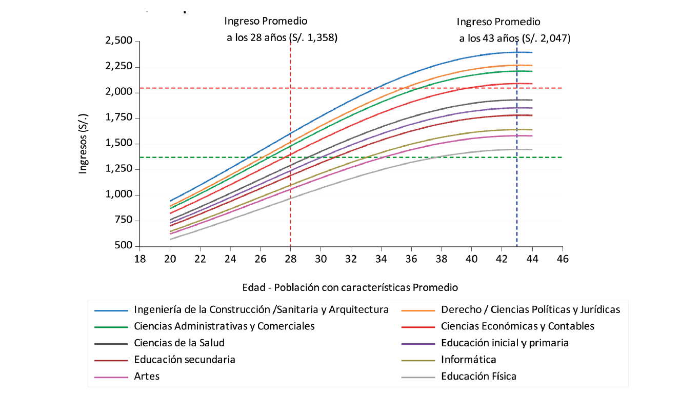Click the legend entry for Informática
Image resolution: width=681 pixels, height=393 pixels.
click(468, 360)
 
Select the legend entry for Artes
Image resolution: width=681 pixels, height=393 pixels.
click(147, 376)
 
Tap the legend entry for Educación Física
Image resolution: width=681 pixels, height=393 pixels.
click(478, 376)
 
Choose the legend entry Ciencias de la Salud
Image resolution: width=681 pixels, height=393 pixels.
click(179, 343)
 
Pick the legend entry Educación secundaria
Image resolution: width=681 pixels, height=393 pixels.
click(184, 360)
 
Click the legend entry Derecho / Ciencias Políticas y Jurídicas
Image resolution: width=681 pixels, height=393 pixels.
click(530, 309)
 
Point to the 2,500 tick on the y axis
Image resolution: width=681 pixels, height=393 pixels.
click(118, 41)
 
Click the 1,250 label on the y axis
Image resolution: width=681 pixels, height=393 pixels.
click(118, 169)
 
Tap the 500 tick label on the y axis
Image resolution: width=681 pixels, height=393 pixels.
click(123, 246)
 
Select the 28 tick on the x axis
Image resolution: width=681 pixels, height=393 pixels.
click(291, 259)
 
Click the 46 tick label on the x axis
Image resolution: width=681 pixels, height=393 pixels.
click(563, 259)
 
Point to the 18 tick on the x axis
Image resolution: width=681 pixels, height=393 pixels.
click(139, 259)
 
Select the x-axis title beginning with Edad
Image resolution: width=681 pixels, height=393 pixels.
click(351, 287)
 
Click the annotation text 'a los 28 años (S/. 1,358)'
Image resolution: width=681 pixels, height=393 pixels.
click(282, 38)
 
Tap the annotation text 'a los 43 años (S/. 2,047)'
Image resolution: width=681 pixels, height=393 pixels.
click(514, 38)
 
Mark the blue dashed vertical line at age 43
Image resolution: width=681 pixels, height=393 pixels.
click(517, 205)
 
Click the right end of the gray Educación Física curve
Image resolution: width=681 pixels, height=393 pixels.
click(532, 149)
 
